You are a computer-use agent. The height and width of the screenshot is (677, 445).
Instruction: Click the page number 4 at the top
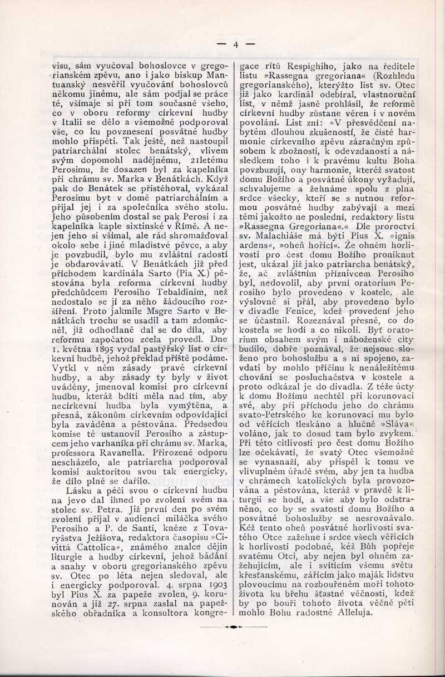[x=235, y=44]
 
